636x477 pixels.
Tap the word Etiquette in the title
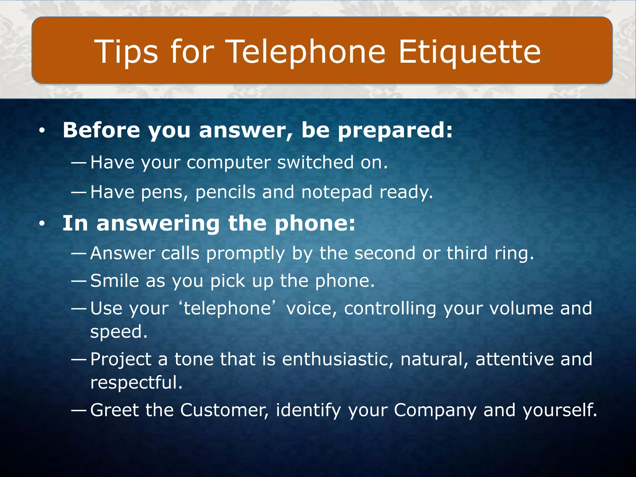(x=470, y=52)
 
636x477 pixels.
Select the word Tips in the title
(x=126, y=52)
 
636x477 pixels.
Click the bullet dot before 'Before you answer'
(x=42, y=131)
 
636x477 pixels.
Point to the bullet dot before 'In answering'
(x=42, y=224)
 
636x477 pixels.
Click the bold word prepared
(x=395, y=130)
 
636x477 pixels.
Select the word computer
(x=229, y=163)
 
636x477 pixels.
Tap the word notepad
(x=337, y=192)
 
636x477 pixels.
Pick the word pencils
(x=225, y=192)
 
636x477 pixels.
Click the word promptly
(x=245, y=253)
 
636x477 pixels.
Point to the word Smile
(x=115, y=281)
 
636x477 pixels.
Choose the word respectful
(x=136, y=383)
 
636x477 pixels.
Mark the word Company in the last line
(x=435, y=411)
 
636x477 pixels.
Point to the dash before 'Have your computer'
(x=78, y=162)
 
